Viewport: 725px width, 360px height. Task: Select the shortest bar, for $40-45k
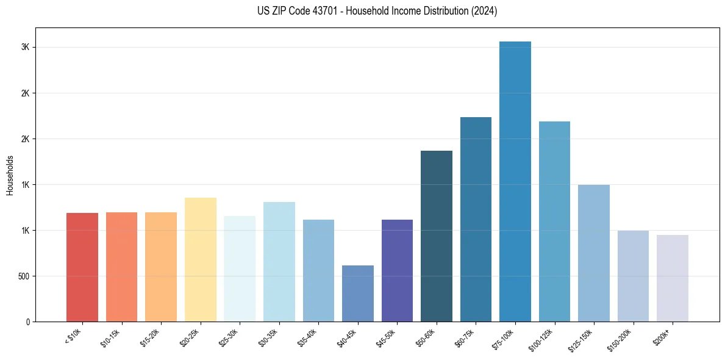358,293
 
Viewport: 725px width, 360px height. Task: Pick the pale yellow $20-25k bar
201,259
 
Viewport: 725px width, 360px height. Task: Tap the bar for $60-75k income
476,219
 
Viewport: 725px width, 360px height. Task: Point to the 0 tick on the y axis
29,322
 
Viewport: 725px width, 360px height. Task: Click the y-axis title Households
10,175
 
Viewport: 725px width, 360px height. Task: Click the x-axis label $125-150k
589,337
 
